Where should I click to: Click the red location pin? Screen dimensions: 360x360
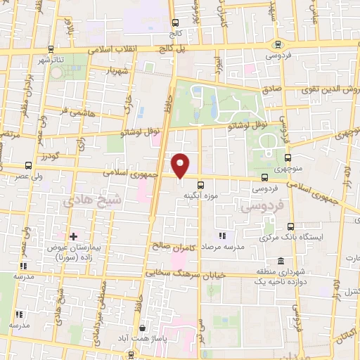tap(181, 165)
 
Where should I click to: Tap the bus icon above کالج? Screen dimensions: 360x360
tap(174, 22)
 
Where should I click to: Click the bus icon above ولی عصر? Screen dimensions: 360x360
tap(28, 166)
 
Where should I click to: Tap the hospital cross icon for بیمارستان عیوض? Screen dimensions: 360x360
tap(73, 236)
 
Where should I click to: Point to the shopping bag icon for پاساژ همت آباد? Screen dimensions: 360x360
tap(143, 328)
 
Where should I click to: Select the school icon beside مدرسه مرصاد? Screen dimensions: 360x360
tap(222, 235)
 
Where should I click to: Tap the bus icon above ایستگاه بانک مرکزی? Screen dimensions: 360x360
tap(292, 226)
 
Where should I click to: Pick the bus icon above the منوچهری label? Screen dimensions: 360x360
tap(288, 159)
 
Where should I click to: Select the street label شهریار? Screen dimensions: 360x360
tap(115, 72)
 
